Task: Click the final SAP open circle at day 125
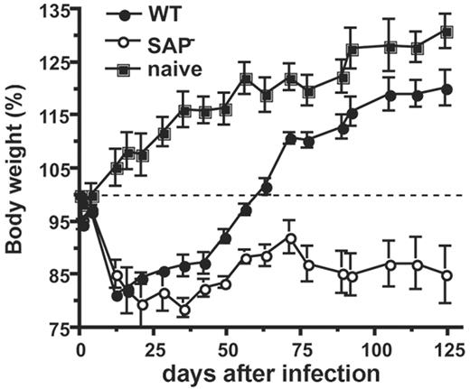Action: pos(446,274)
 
